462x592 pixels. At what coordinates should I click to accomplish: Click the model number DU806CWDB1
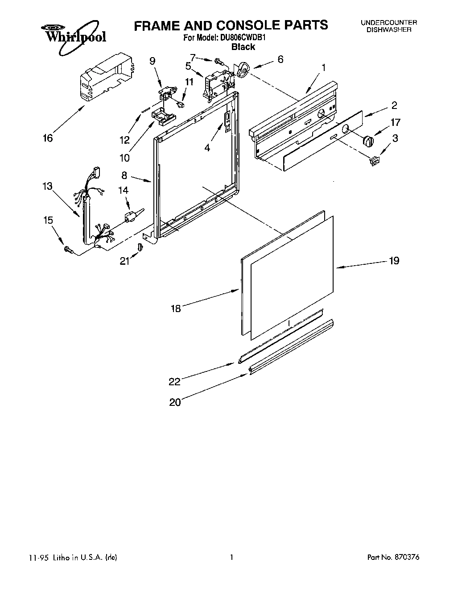click(x=243, y=38)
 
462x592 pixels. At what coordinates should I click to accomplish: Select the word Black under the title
click(x=243, y=47)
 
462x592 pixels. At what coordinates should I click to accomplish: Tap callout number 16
click(x=47, y=138)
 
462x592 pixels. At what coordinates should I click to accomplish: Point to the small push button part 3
click(x=375, y=161)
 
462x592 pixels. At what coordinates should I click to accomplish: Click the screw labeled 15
click(x=68, y=249)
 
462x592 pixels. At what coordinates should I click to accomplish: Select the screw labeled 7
click(x=218, y=61)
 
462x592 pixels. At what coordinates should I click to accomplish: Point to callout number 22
click(x=174, y=381)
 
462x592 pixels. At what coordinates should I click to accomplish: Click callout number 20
click(x=175, y=402)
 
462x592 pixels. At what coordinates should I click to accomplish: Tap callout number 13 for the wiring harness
click(x=47, y=186)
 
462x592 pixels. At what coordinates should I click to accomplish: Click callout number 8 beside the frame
click(x=124, y=175)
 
